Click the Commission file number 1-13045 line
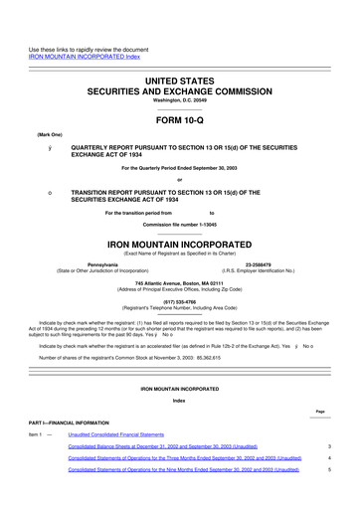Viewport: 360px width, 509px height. pyautogui.click(x=179, y=223)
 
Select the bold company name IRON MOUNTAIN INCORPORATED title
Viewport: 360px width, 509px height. pyautogui.click(x=179, y=242)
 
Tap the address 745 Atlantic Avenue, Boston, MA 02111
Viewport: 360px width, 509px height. pyautogui.click(x=179, y=283)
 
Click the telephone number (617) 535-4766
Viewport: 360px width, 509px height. pyautogui.click(x=179, y=302)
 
